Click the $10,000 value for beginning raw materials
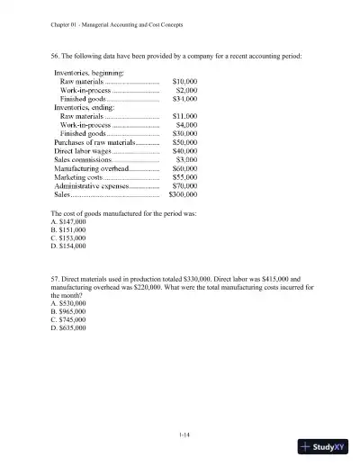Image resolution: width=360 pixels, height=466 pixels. pos(184,81)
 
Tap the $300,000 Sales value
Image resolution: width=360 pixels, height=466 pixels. pos(183,193)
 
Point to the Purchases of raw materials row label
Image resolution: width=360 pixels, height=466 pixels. pos(93,142)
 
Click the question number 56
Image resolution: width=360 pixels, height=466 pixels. pos(56,56)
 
